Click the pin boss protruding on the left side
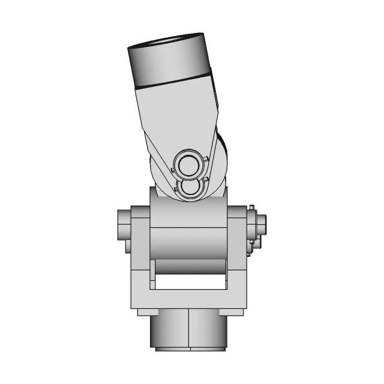point(122,225)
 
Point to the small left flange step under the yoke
point(144,311)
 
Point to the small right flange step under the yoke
point(235,311)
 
